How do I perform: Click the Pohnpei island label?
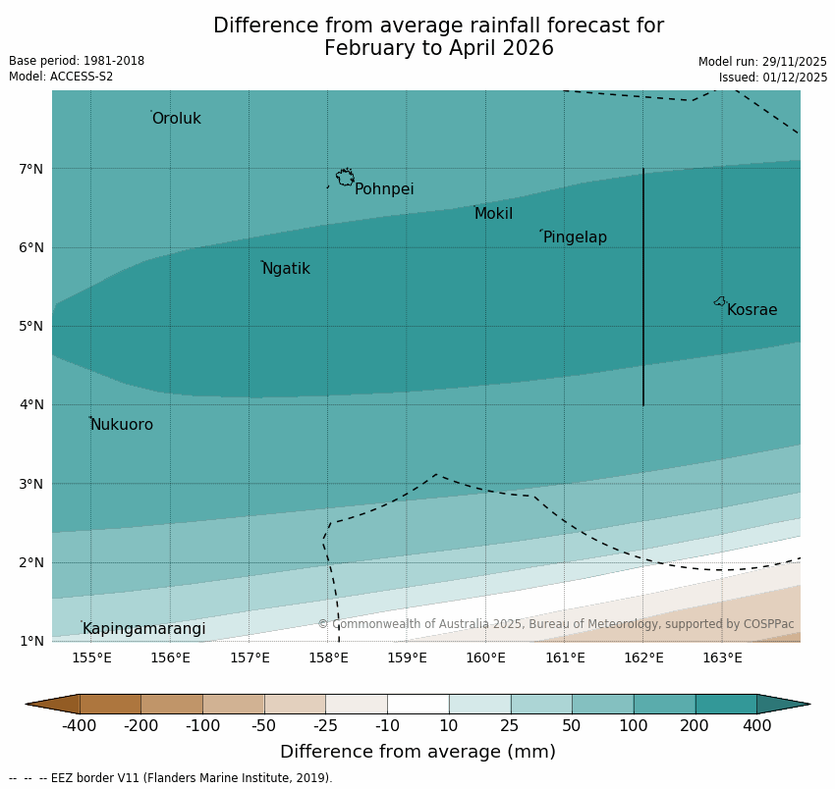[384, 189]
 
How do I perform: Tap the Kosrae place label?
[751, 310]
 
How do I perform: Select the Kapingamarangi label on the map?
[143, 629]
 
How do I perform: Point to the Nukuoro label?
[122, 425]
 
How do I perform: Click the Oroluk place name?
[176, 119]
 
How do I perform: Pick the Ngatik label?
[286, 269]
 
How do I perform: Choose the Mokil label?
[493, 214]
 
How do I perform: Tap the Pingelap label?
[575, 237]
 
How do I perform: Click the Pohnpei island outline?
[345, 178]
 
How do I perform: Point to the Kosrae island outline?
[720, 301]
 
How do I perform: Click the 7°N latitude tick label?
[31, 169]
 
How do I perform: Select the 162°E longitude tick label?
[643, 657]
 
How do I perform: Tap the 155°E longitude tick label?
[91, 657]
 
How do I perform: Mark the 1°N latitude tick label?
[31, 641]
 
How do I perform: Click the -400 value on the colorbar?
[80, 725]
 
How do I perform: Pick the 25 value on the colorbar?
[511, 725]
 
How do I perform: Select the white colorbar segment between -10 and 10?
[417, 704]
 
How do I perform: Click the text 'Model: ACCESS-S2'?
[61, 77]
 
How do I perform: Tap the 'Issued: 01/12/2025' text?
[772, 77]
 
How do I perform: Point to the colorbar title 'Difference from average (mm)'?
[417, 752]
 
